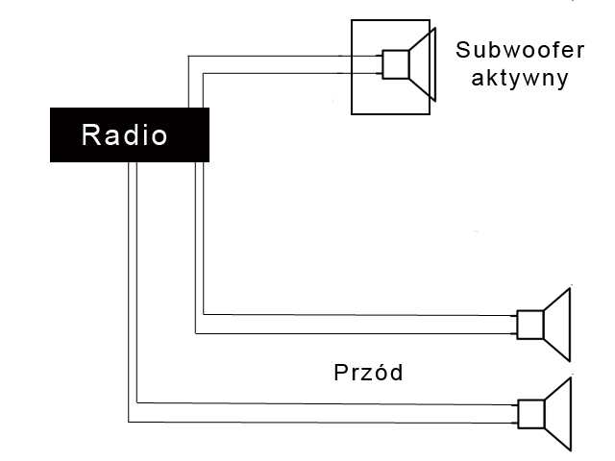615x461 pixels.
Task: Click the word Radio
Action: click(124, 135)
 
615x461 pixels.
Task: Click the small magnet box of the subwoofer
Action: click(395, 64)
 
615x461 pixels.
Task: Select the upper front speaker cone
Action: click(558, 324)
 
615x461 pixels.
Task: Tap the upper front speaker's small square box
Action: click(529, 325)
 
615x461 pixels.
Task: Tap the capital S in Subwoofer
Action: click(464, 49)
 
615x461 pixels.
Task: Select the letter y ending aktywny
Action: click(559, 79)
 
